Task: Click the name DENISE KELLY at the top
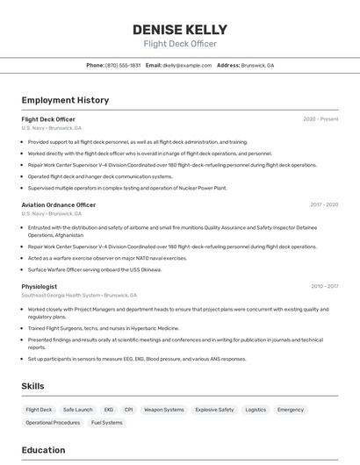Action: click(x=179, y=29)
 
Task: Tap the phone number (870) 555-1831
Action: click(x=123, y=66)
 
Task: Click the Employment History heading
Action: click(x=65, y=101)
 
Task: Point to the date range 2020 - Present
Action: click(x=320, y=119)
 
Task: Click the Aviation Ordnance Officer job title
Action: click(x=59, y=204)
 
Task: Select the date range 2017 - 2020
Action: click(x=323, y=204)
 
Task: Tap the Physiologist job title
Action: click(x=40, y=286)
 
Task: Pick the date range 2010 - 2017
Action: click(x=323, y=286)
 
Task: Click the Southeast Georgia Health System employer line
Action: click(x=75, y=296)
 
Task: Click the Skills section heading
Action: click(x=33, y=386)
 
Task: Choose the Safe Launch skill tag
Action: click(x=77, y=410)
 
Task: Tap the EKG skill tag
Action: click(x=109, y=410)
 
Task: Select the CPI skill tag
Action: click(x=128, y=410)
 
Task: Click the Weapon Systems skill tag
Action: click(x=163, y=410)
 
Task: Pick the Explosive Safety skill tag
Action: click(x=214, y=410)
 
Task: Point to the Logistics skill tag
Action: click(x=256, y=410)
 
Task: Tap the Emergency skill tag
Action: click(x=291, y=410)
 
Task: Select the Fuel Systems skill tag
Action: click(x=107, y=423)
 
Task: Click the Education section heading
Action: click(x=44, y=450)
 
